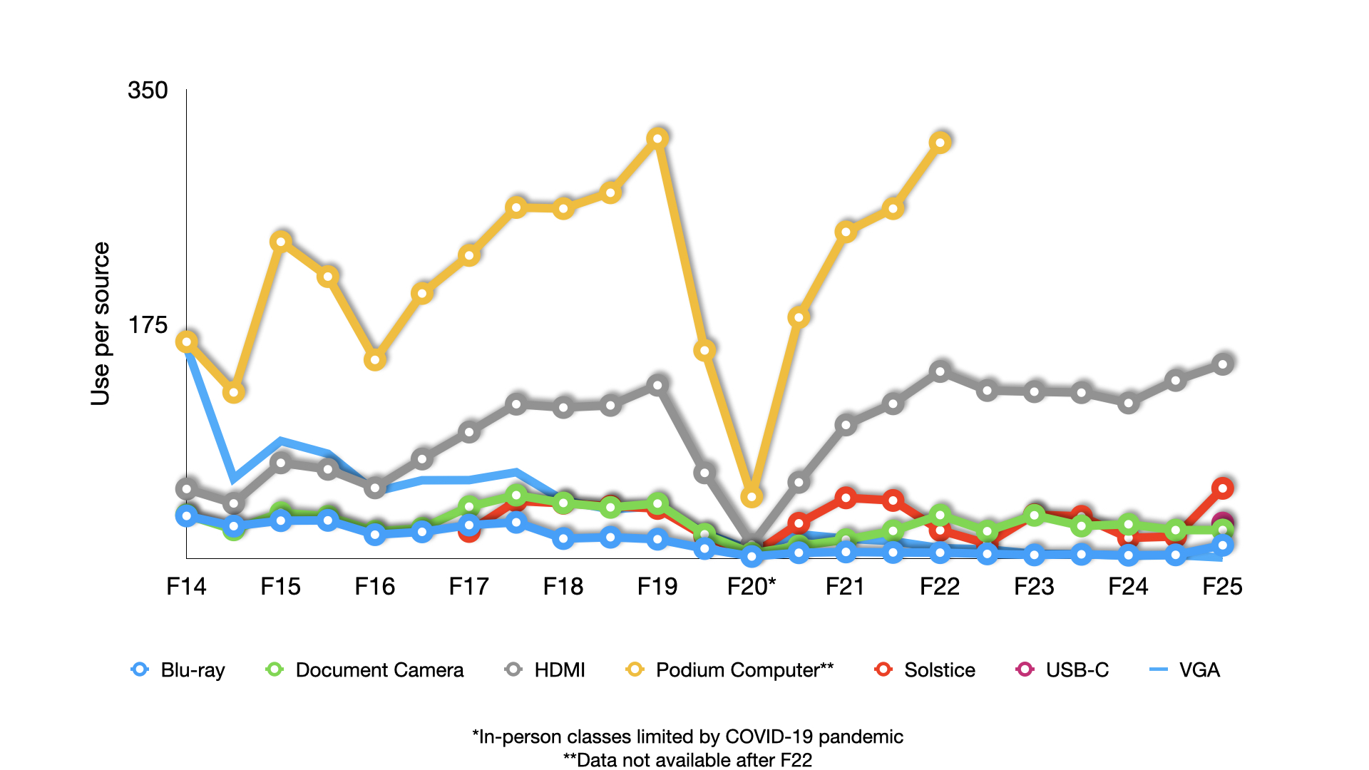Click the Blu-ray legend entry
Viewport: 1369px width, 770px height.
pos(178,670)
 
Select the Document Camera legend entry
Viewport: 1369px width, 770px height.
pos(365,670)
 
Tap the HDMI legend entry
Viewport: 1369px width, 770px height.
pos(545,670)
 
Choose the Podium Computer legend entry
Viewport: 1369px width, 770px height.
pos(730,670)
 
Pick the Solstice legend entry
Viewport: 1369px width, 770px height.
pos(925,670)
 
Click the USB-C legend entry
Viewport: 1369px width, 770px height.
pos(1062,670)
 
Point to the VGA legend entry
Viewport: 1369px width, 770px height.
pos(1185,670)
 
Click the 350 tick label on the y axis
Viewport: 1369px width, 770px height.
pos(148,91)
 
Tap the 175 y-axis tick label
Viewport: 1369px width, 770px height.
pos(148,326)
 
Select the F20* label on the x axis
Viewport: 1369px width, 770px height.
pos(752,587)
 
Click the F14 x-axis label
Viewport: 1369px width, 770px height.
pos(186,587)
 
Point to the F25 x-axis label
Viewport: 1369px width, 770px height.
pos(1222,587)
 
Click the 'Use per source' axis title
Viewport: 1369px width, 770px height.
pos(101,324)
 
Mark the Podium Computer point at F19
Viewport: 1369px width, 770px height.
pos(657,138)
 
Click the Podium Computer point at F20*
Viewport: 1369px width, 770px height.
pos(752,496)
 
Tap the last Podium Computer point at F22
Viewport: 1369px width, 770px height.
pos(940,143)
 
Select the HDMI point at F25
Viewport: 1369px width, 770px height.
pos(1223,364)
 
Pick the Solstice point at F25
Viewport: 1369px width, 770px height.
pos(1223,488)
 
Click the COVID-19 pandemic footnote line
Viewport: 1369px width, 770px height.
pos(687,736)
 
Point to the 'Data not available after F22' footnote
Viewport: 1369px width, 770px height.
pos(687,760)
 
